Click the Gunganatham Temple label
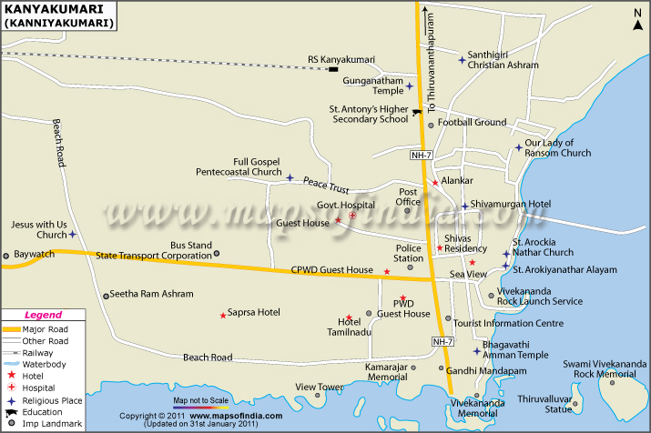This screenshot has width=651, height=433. pyautogui.click(x=372, y=86)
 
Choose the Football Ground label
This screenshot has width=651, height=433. pyautogui.click(x=472, y=122)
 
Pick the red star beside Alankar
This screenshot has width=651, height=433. pyautogui.click(x=435, y=182)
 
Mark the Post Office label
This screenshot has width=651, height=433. pyautogui.click(x=407, y=196)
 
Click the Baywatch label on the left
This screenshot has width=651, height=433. pyautogui.click(x=36, y=255)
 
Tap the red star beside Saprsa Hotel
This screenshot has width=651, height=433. pyautogui.click(x=223, y=316)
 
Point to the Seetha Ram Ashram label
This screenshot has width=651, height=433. pyautogui.click(x=152, y=294)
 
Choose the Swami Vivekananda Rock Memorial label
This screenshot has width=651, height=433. pyautogui.click(x=598, y=368)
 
